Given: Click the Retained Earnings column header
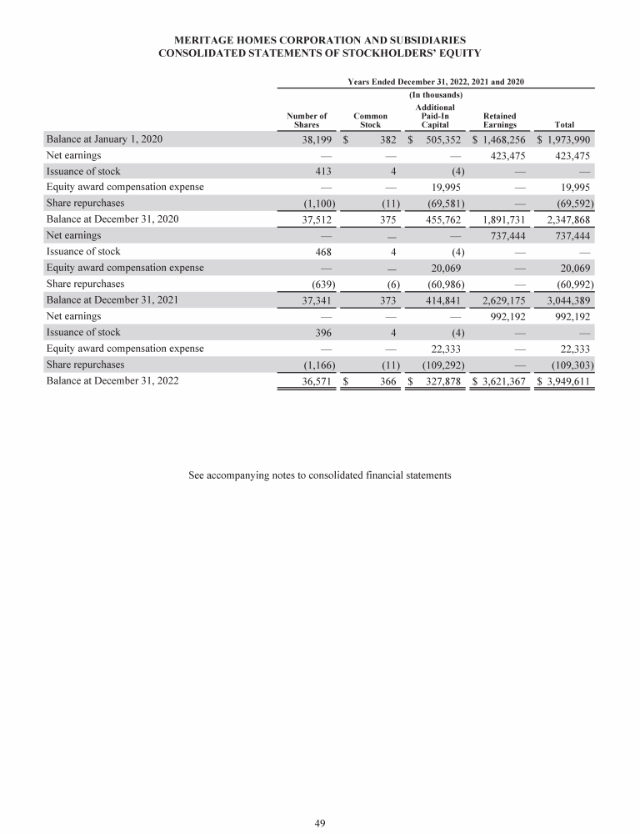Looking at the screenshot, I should point(500,120).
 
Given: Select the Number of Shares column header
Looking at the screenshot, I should point(307,120).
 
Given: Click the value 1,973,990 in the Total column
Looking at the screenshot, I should point(565,139).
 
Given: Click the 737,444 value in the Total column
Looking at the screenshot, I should point(570,236).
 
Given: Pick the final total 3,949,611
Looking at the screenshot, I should point(565,381).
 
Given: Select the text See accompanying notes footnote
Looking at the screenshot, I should point(320,475).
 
